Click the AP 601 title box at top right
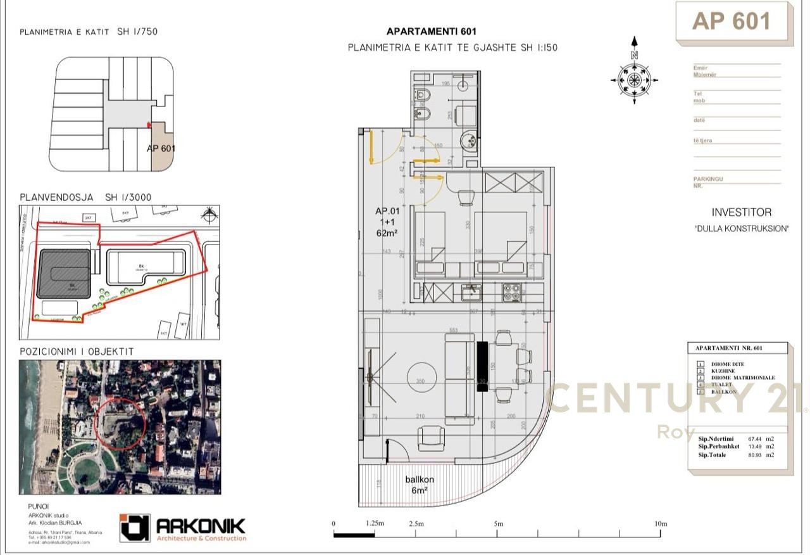click(732, 22)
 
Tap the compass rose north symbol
click(634, 79)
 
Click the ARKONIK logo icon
click(135, 528)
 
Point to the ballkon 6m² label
click(420, 485)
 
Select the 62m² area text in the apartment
click(386, 233)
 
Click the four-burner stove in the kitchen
click(511, 292)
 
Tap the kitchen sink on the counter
click(471, 292)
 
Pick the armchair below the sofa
click(430, 438)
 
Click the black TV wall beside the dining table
click(482, 367)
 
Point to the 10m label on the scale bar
click(661, 524)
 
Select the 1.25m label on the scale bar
click(375, 524)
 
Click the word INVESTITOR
click(741, 212)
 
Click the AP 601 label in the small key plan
click(161, 149)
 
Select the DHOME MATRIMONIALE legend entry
click(743, 378)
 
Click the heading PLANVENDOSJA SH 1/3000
click(85, 197)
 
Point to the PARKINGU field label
click(707, 179)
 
